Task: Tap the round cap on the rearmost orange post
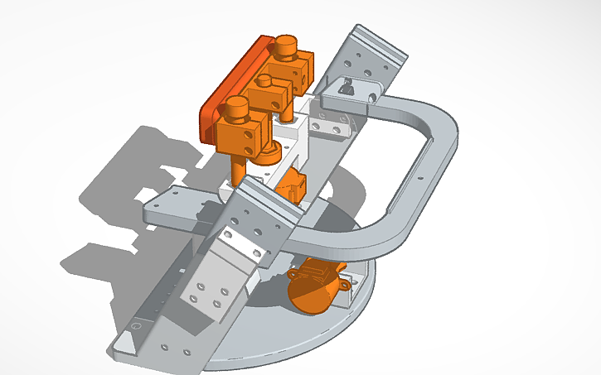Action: click(x=287, y=45)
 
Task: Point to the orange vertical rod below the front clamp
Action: click(x=238, y=171)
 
